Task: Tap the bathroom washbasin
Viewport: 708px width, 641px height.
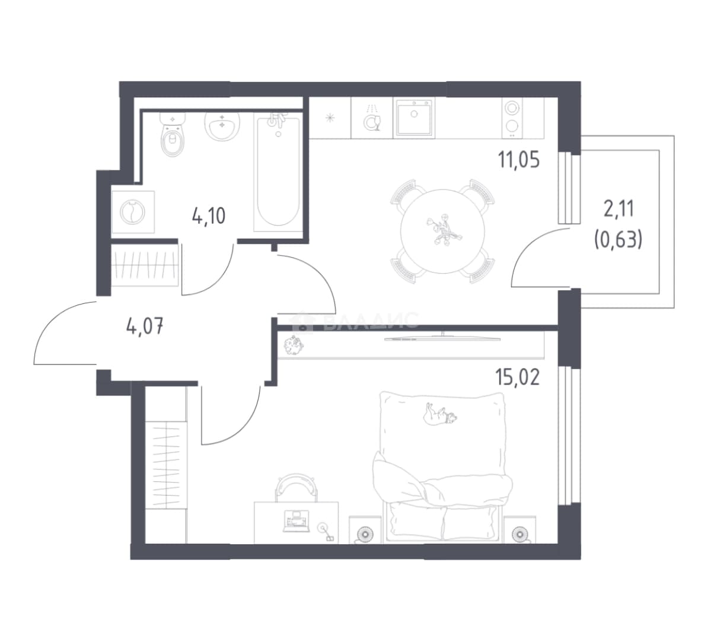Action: (222, 124)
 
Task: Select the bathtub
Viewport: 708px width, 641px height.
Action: (278, 172)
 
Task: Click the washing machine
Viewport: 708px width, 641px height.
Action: (133, 212)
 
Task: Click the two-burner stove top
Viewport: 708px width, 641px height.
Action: (512, 119)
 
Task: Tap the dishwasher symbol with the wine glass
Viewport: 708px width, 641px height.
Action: (372, 119)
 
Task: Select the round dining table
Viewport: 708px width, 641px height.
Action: (442, 231)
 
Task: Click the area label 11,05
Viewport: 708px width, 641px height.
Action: (519, 160)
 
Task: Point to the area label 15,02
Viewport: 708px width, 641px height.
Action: (518, 377)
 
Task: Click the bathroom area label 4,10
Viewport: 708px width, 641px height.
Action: (209, 216)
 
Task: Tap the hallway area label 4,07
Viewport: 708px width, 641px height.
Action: (145, 325)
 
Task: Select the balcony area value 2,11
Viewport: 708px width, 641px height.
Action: (618, 210)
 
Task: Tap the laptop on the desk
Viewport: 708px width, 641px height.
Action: (296, 521)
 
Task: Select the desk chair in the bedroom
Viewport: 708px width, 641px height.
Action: (296, 487)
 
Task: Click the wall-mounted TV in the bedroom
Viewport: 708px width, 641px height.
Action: (442, 337)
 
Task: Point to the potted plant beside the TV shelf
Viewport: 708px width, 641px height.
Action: (294, 345)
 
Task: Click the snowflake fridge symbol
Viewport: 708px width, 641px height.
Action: (330, 118)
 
